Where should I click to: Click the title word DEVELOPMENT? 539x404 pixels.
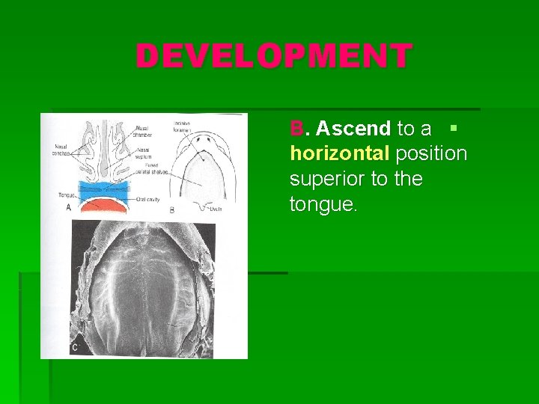point(273,56)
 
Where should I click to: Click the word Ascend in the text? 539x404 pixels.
point(353,129)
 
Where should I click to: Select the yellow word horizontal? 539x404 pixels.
point(339,154)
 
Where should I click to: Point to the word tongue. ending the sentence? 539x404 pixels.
point(324,204)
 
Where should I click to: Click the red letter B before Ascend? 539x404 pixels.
point(297,129)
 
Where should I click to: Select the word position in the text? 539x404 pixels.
point(432,154)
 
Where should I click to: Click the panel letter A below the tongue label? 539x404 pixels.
point(68,207)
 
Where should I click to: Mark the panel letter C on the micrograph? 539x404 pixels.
point(75,347)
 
